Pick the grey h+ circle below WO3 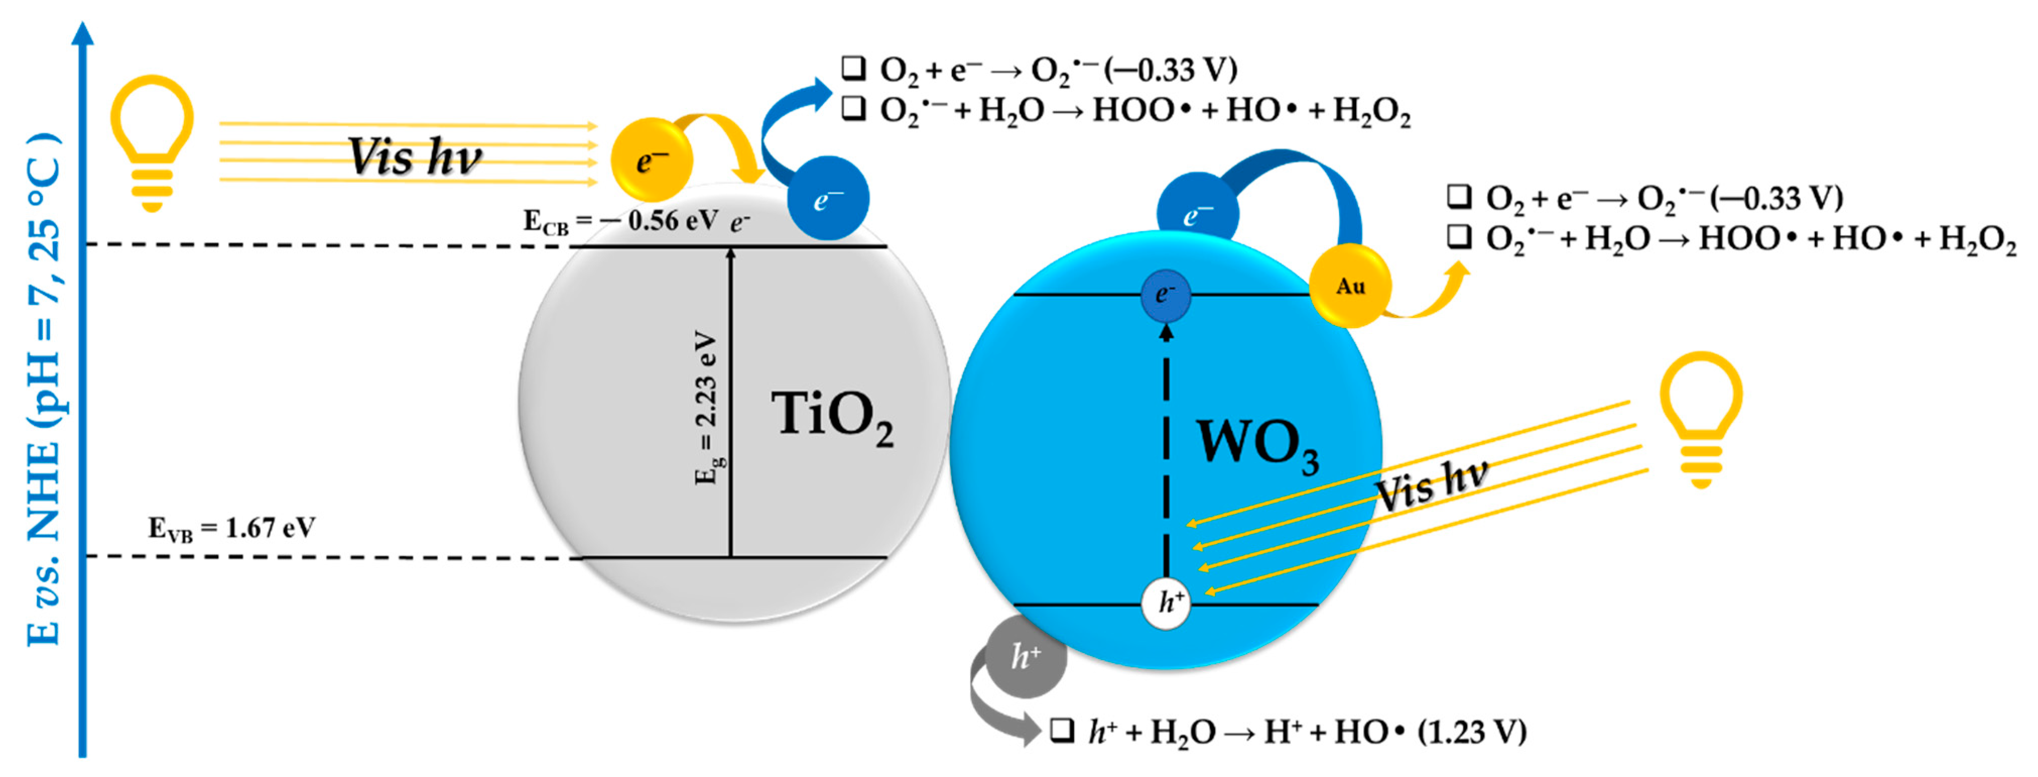pos(1026,657)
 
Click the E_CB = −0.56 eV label pos(621,221)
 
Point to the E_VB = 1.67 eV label pos(232,528)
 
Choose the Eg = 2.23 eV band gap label pos(707,408)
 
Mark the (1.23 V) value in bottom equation pos(1472,732)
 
